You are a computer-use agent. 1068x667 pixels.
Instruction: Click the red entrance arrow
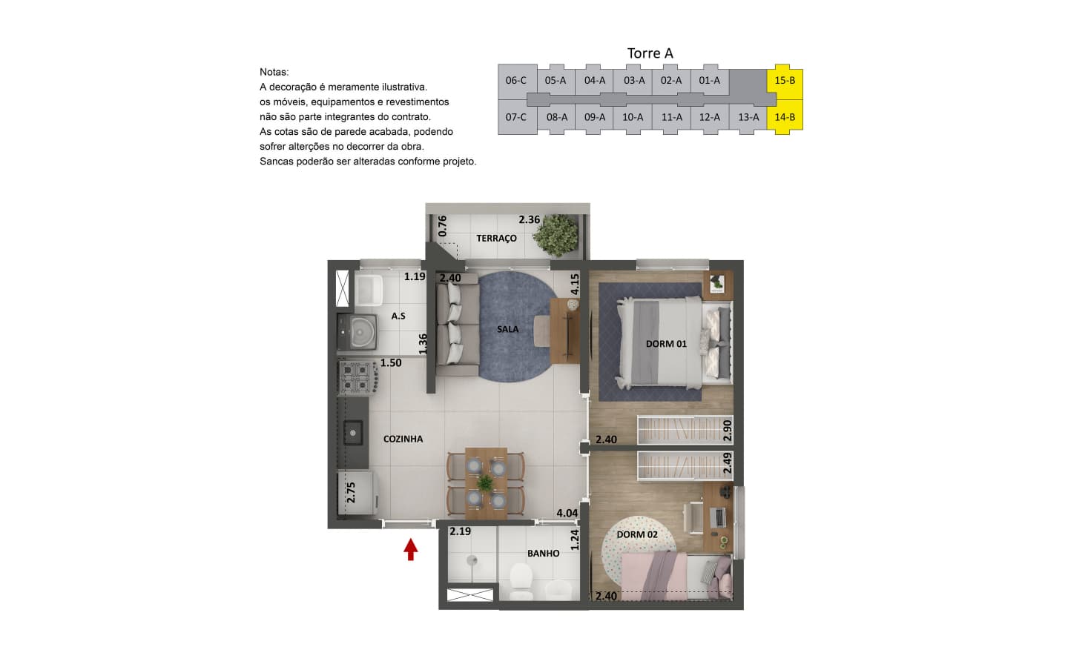(411, 549)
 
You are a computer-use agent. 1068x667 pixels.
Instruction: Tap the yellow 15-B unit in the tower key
(785, 81)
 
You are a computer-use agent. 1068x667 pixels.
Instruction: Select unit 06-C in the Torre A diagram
(516, 81)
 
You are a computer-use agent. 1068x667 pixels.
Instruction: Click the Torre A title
(650, 53)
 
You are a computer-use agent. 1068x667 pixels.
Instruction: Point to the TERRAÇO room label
(496, 238)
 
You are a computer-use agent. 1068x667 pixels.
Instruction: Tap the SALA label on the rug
(508, 329)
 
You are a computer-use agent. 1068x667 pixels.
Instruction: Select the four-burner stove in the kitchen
(357, 378)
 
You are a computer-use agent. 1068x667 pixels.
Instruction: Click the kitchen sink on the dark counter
(353, 433)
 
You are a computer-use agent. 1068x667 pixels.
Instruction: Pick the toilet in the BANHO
(521, 581)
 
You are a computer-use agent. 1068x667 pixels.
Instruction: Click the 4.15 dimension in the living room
(575, 284)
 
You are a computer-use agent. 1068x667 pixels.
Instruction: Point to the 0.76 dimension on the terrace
(443, 226)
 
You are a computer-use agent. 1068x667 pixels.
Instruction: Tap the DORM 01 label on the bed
(666, 344)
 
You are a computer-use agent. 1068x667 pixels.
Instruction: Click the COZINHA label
(403, 439)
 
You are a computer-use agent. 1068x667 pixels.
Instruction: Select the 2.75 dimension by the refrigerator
(351, 493)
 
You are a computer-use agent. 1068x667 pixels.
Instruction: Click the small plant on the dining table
(485, 483)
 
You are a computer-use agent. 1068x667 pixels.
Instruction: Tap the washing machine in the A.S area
(357, 331)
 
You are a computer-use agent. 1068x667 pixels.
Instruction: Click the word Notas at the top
(274, 73)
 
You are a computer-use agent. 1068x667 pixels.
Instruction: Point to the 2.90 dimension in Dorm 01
(727, 430)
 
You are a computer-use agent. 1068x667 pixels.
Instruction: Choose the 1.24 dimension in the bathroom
(575, 540)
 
